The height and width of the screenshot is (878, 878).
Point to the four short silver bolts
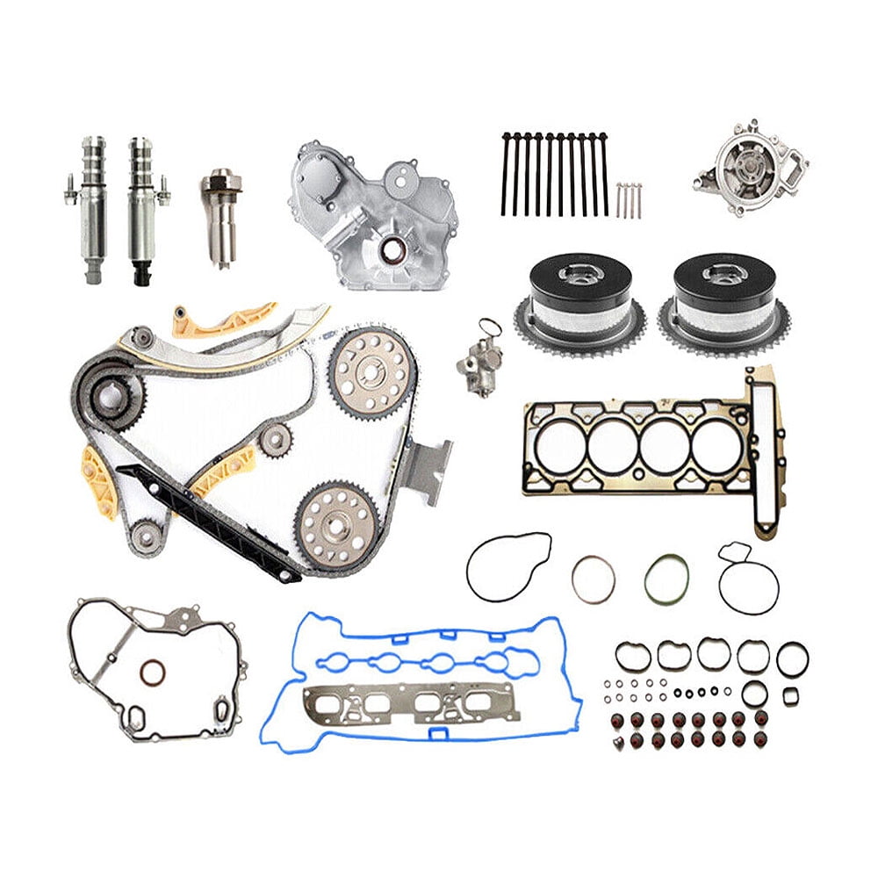[629, 199]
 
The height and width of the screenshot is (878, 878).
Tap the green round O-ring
[666, 579]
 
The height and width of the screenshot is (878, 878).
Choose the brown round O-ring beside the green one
[594, 579]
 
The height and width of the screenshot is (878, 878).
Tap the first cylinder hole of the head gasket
[560, 447]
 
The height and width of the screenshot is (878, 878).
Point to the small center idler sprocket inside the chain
[275, 436]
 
